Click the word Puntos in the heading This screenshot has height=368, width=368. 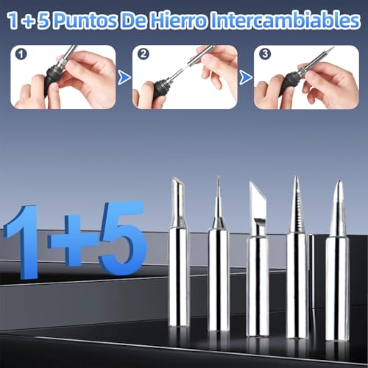point(81,19)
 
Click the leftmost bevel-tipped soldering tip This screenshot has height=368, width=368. point(179,265)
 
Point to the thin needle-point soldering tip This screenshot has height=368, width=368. point(218,272)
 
